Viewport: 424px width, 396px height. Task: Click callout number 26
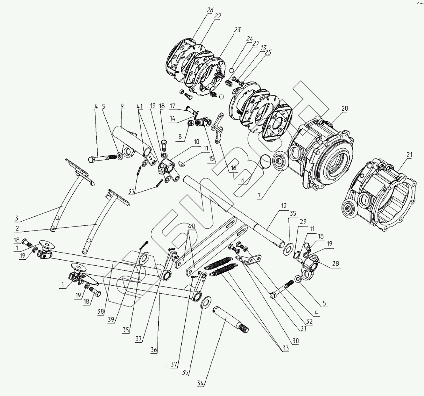point(210,10)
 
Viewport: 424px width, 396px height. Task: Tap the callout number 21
point(410,155)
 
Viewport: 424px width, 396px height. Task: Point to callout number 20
point(344,109)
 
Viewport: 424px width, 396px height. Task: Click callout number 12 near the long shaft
point(284,206)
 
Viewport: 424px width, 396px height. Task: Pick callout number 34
point(201,383)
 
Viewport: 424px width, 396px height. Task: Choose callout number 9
point(122,106)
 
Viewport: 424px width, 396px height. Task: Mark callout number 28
point(336,264)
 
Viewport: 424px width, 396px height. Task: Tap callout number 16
point(234,168)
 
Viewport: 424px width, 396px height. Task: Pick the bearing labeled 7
point(279,162)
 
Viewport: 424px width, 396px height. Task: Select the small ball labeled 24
point(232,70)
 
